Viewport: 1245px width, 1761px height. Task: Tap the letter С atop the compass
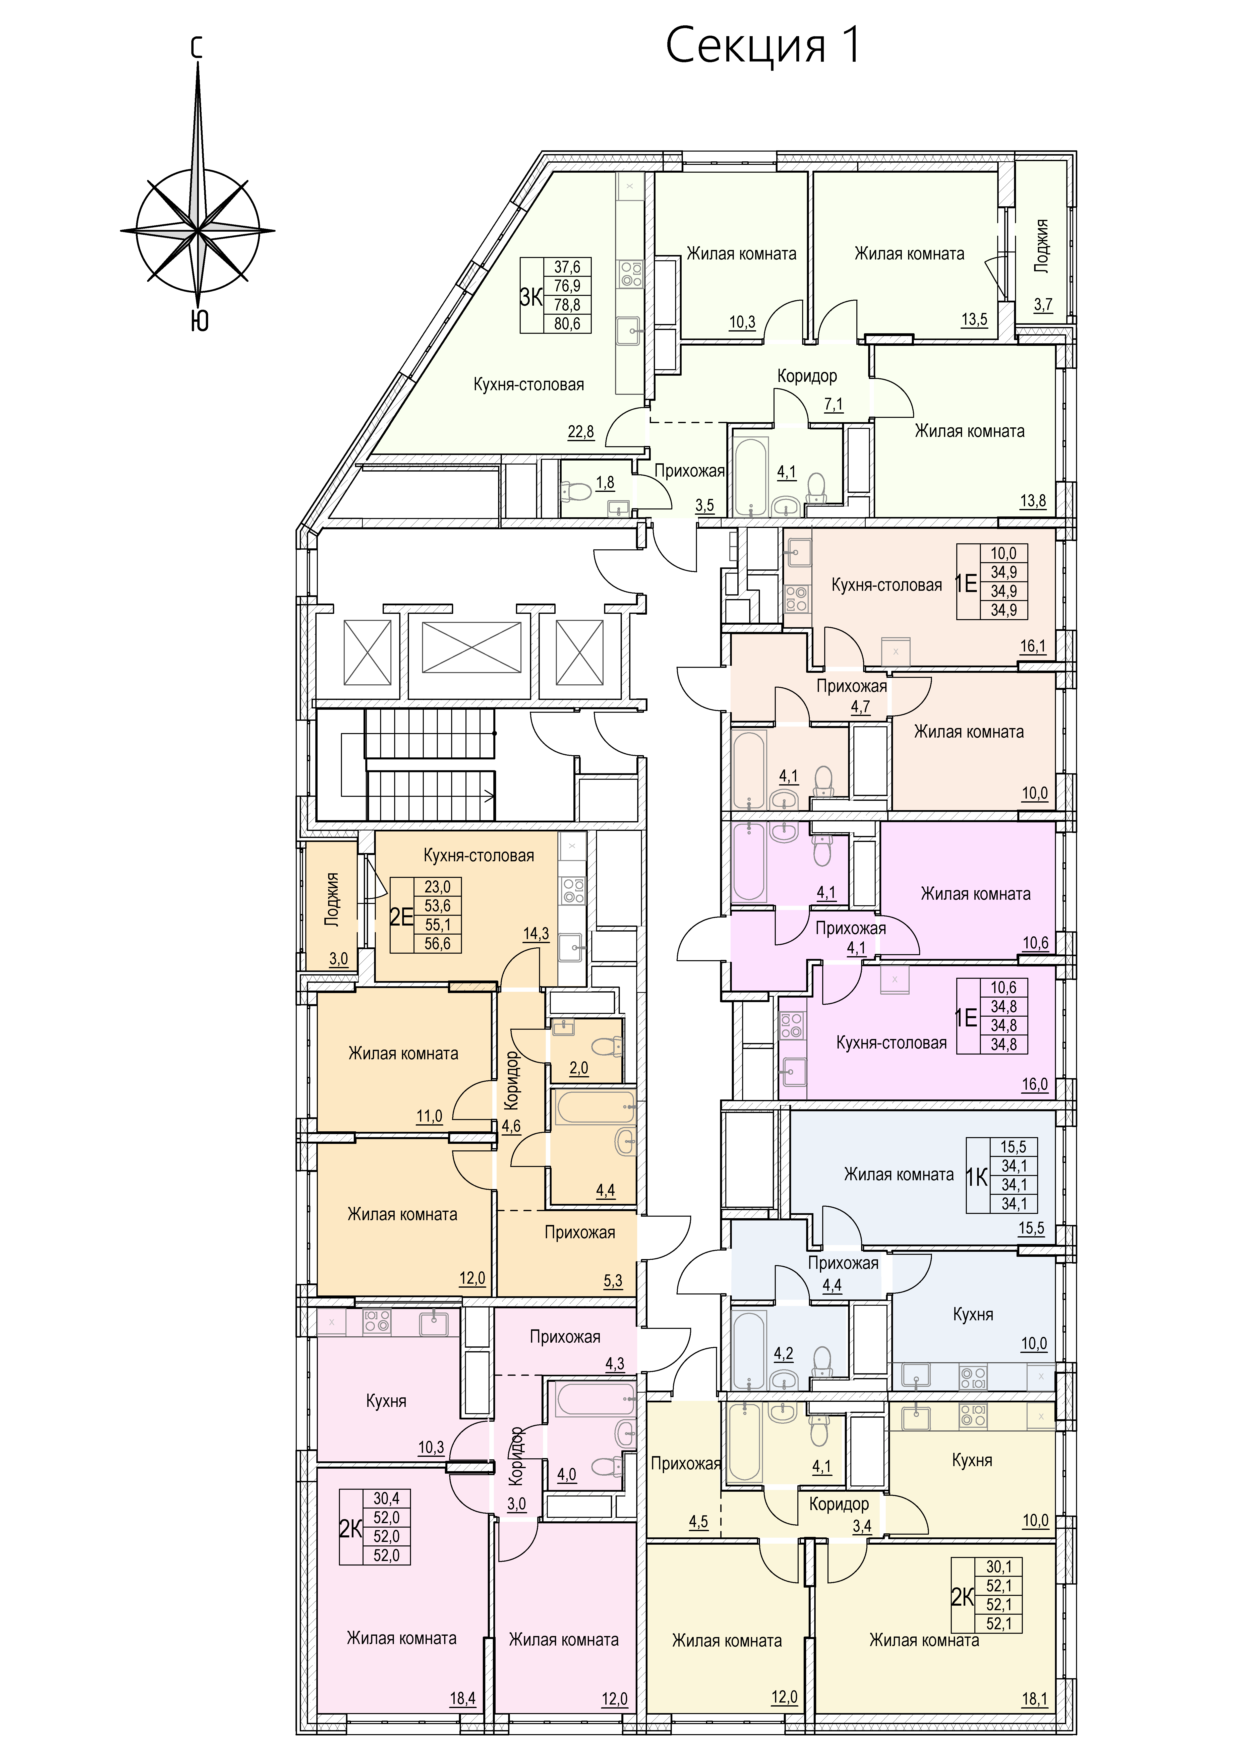point(197,48)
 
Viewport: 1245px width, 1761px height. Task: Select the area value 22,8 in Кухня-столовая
point(581,432)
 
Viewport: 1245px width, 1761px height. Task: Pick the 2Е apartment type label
point(401,917)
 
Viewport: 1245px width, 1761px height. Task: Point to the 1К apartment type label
point(977,1177)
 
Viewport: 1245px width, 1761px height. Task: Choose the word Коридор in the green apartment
point(807,376)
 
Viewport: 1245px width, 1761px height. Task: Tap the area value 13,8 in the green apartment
point(1033,501)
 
